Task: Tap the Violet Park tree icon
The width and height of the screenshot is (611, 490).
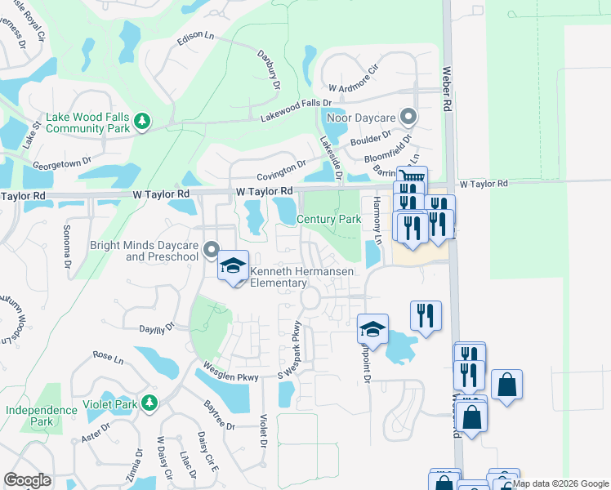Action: click(x=149, y=403)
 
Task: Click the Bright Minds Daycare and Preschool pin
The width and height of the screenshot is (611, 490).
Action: click(x=211, y=249)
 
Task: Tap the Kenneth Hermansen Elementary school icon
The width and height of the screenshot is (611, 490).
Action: click(x=233, y=266)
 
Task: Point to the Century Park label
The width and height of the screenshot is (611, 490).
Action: click(x=328, y=220)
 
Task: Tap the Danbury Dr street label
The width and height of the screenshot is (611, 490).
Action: click(x=274, y=78)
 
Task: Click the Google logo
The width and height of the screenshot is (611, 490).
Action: click(x=28, y=480)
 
